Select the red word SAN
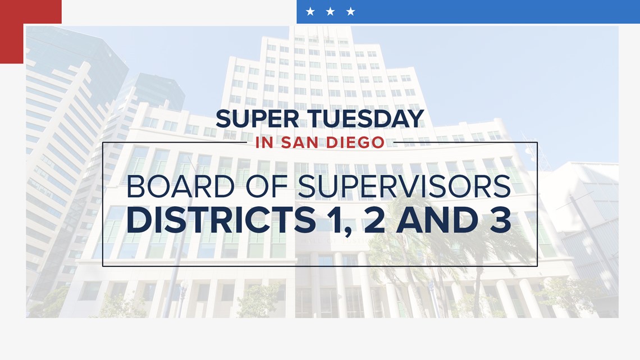point(304,143)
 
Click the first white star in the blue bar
point(310,11)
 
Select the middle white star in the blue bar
point(330,11)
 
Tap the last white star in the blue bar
point(350,11)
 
